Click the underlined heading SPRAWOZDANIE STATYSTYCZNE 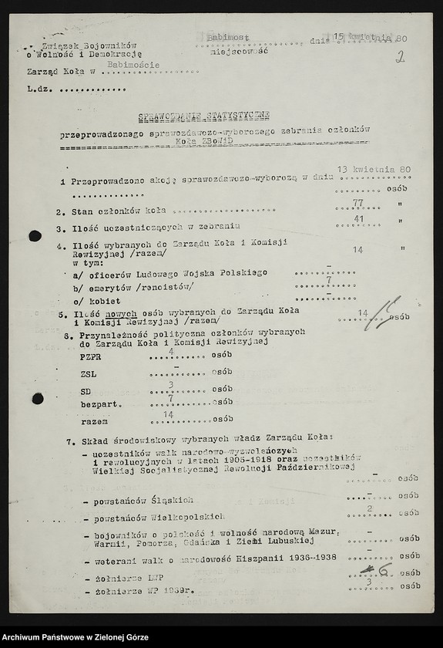coord(204,116)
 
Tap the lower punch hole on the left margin coord(37,398)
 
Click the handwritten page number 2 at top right coord(401,57)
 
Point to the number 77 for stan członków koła coord(357,203)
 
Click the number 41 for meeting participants coord(357,219)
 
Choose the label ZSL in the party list coord(88,375)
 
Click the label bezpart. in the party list coord(98,403)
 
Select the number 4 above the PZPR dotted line coord(169,350)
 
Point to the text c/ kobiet coord(91,300)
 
